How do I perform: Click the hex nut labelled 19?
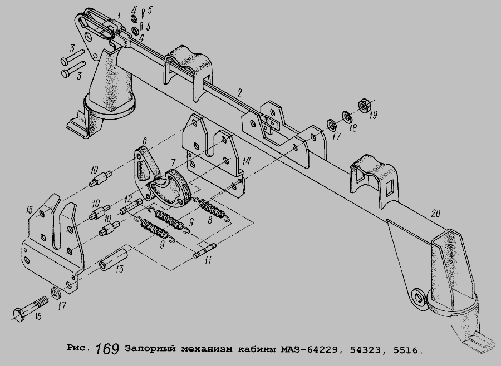(364, 105)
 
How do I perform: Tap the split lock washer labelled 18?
(347, 117)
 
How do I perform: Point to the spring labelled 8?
(212, 209)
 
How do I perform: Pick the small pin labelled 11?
(205, 250)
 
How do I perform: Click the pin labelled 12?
(131, 206)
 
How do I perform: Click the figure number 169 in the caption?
(107, 349)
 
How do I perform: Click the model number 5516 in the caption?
(405, 350)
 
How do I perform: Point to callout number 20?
(435, 214)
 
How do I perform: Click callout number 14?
(245, 161)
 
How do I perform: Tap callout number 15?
(30, 210)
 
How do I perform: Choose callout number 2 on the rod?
(239, 92)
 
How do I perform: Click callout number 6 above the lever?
(144, 141)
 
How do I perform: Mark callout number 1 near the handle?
(119, 15)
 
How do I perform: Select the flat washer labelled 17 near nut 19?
(331, 125)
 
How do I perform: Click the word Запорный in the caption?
(150, 349)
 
